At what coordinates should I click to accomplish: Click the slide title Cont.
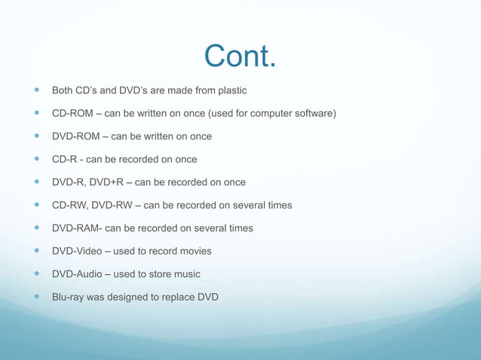point(240,56)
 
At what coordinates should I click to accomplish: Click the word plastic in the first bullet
point(230,91)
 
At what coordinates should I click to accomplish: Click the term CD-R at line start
point(63,160)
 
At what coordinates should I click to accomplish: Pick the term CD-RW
point(69,205)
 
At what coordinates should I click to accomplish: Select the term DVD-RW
point(114,205)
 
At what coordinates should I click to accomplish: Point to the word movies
point(195,251)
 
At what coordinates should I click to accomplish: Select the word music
point(186,274)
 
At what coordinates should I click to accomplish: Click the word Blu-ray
point(68,297)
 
